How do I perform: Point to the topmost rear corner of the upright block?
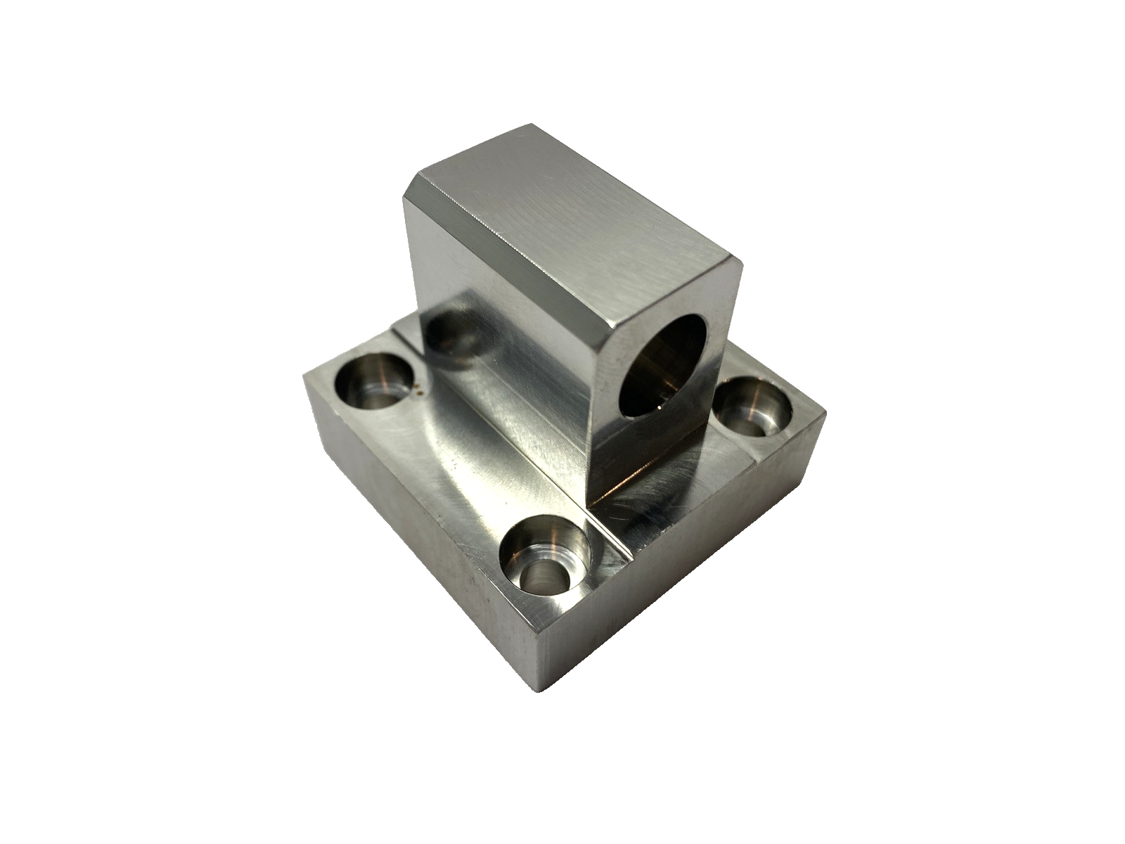tap(531, 127)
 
